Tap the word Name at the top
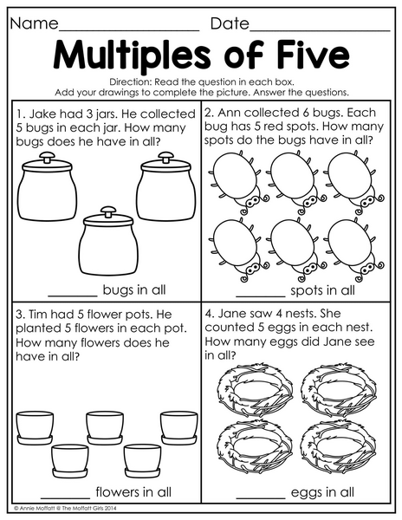click(x=34, y=23)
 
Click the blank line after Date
click(x=321, y=30)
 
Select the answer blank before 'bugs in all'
click(x=73, y=296)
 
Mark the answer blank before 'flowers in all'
click(x=65, y=497)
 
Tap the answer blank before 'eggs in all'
click(x=261, y=497)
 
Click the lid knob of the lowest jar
click(x=108, y=211)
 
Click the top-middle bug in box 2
click(x=295, y=182)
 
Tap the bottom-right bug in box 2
click(x=354, y=249)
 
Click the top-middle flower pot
click(x=105, y=428)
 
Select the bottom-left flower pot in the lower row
click(x=69, y=461)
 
